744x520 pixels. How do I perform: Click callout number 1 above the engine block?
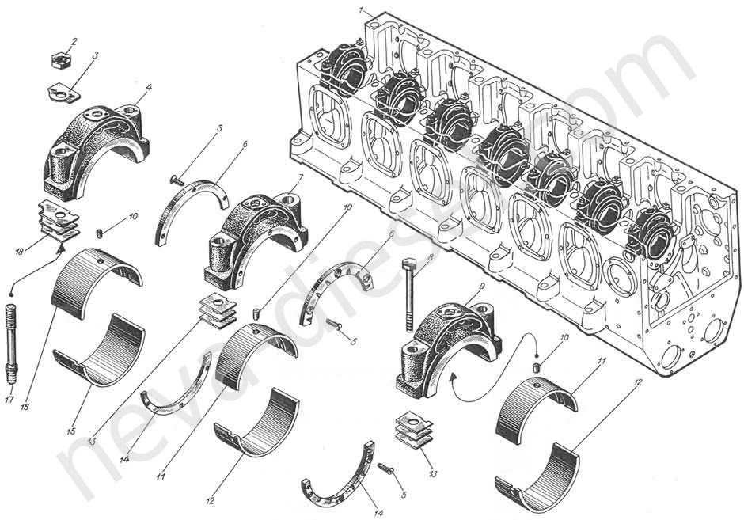360,11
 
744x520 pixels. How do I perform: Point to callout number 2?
74,40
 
